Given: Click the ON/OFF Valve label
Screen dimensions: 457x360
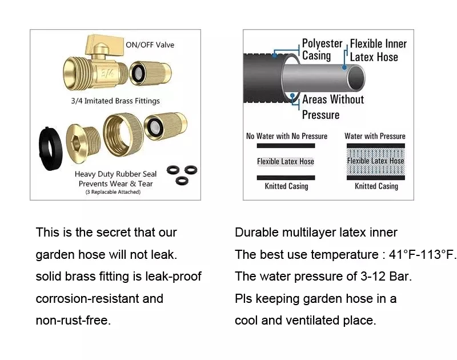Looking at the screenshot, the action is [x=150, y=45].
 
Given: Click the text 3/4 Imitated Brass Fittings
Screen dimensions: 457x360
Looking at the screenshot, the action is [x=115, y=101].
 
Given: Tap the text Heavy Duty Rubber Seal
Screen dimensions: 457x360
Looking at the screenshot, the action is [x=115, y=174].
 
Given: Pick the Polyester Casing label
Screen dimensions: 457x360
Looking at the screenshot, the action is [x=321, y=50].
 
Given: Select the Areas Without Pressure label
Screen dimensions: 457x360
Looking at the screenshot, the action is [x=332, y=107].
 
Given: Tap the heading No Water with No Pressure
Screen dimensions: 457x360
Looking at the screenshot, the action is [x=287, y=136].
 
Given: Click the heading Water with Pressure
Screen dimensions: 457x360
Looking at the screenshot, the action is [x=375, y=136].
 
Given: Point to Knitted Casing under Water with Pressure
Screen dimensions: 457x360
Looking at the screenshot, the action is [x=376, y=186].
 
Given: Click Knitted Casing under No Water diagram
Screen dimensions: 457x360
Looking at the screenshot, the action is [x=286, y=186].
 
